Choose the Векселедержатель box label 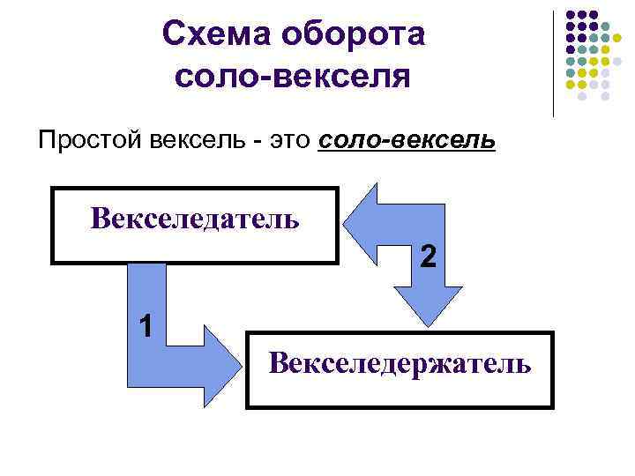coord(400,362)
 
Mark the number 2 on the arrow coord(428,257)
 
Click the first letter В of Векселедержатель coord(280,362)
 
